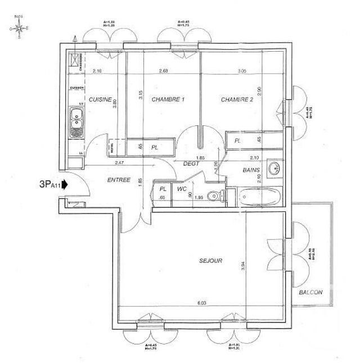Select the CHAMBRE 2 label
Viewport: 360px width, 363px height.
tap(237, 99)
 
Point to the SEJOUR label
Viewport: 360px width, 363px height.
tap(211, 261)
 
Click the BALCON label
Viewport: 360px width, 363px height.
tap(310, 293)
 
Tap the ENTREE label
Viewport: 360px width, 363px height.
tap(119, 180)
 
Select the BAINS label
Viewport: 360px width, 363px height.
tap(251, 169)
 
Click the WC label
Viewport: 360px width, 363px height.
tap(182, 189)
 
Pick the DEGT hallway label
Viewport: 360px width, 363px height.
tap(192, 164)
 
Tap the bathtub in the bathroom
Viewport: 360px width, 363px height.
tap(259, 197)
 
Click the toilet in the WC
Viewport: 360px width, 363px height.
tap(213, 196)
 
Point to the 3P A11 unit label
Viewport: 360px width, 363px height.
tap(49, 184)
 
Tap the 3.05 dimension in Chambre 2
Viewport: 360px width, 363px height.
tap(242, 71)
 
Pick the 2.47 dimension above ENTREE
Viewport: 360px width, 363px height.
tap(120, 162)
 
